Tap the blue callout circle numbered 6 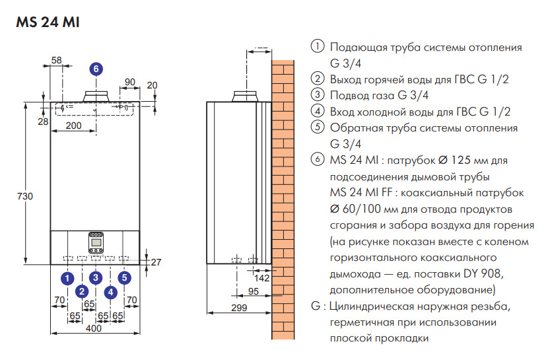point(96,68)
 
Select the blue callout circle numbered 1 point(67,277)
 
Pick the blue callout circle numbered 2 point(81,291)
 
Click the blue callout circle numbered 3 point(96,277)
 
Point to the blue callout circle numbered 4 point(110,291)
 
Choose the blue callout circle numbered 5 point(125,277)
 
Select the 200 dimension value point(73,126)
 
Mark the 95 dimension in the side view point(252,291)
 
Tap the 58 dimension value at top point(56,60)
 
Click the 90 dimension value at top point(129,82)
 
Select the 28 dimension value point(43,122)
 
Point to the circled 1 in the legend point(318,48)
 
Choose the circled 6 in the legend point(318,161)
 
